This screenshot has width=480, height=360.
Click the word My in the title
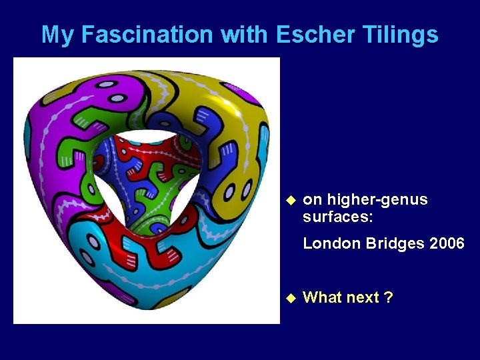pos(56,35)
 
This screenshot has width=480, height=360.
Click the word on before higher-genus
pos(311,200)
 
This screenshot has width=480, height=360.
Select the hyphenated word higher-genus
pos(377,200)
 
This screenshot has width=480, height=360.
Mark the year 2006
pos(447,243)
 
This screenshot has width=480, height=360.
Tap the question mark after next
pos(389,297)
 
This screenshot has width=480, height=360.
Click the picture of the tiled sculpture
pos(147,191)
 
